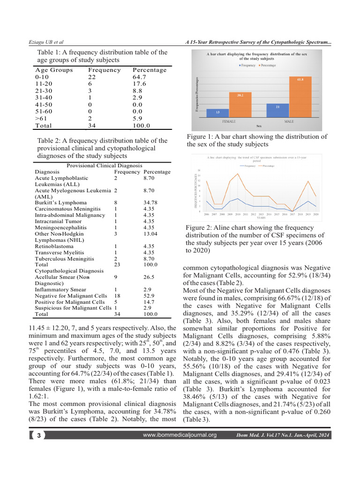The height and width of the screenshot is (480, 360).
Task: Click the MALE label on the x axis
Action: pyautogui.click(x=289, y=121)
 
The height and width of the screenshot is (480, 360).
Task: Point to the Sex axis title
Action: pyautogui.click(x=259, y=126)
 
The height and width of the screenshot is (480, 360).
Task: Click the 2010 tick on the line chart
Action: pyautogui.click(x=238, y=214)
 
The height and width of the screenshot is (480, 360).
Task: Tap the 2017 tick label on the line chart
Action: pyautogui.click(x=292, y=214)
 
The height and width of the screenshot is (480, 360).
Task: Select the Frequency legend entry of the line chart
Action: pyautogui.click(x=249, y=166)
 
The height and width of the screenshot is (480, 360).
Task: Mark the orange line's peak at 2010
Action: pyautogui.click(x=238, y=174)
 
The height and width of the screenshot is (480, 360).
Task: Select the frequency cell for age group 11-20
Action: pyautogui.click(x=90, y=84)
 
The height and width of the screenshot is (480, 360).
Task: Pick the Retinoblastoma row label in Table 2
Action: pyautogui.click(x=54, y=246)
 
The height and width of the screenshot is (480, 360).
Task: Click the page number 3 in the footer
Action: pyautogui.click(x=39, y=435)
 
